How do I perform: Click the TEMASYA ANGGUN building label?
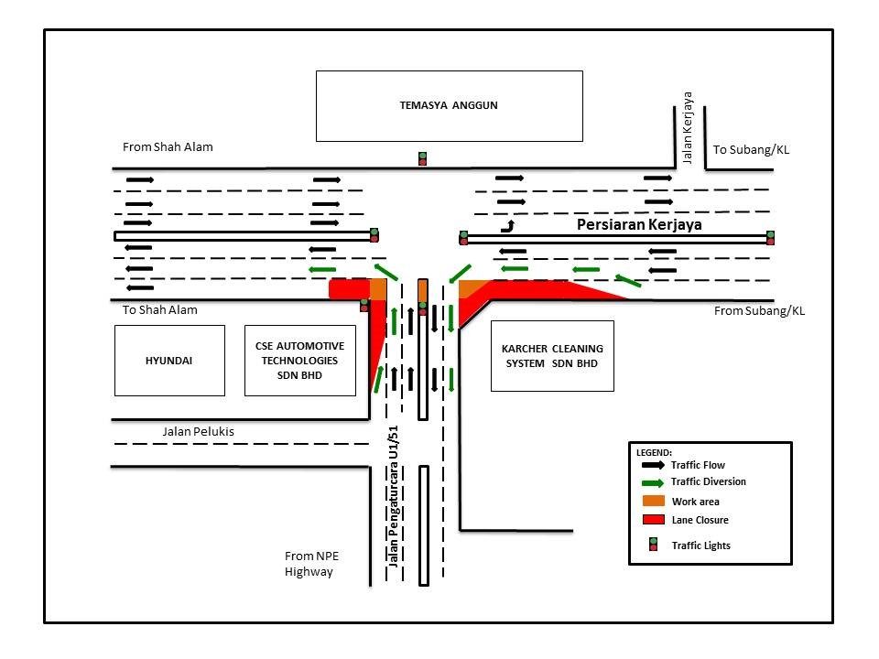tap(449, 105)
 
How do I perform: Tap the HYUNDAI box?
tap(169, 361)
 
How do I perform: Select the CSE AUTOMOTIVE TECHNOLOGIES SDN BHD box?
tap(299, 361)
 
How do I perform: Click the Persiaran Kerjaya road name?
tap(633, 223)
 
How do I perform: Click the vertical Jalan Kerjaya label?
tap(688, 127)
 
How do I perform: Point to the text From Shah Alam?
tap(168, 146)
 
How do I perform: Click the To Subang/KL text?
tap(751, 149)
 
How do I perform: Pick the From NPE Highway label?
tap(309, 564)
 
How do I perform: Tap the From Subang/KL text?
tap(759, 311)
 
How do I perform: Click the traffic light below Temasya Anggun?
tap(422, 158)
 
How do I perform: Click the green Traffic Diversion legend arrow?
tap(653, 482)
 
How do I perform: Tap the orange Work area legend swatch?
tap(653, 501)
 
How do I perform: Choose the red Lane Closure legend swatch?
tap(653, 520)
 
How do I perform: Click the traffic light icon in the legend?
tap(653, 545)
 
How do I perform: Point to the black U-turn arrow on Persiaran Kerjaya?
tap(506, 225)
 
